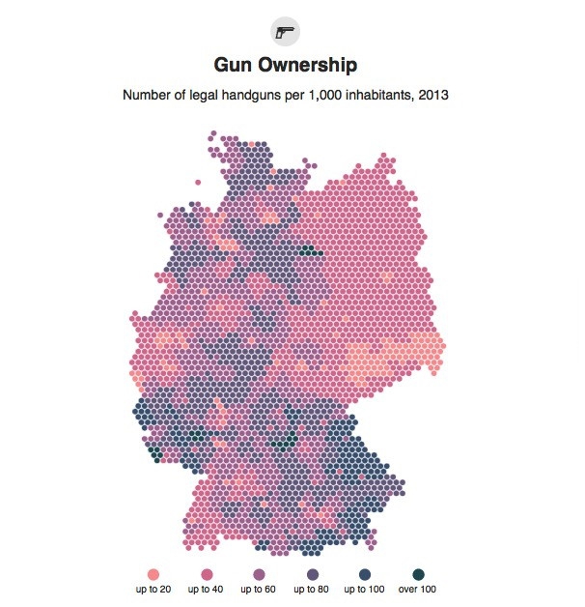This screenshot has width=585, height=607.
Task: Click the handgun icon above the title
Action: click(285, 31)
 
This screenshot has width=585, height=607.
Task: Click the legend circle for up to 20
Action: click(153, 573)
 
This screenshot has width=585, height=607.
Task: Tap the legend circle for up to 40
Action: click(206, 573)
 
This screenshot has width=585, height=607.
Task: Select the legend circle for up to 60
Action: click(259, 573)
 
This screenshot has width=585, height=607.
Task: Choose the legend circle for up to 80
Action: click(312, 573)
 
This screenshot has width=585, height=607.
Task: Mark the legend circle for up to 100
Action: click(366, 573)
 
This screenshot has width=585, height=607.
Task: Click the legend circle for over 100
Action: click(418, 573)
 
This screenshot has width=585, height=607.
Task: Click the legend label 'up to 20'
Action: click(153, 590)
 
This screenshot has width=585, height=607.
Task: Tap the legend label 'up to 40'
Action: click(206, 590)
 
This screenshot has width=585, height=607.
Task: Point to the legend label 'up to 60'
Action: click(259, 590)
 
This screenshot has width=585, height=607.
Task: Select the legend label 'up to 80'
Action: click(312, 590)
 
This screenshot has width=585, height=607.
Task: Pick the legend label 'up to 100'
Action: click(366, 590)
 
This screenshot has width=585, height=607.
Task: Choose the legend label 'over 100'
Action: click(419, 590)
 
